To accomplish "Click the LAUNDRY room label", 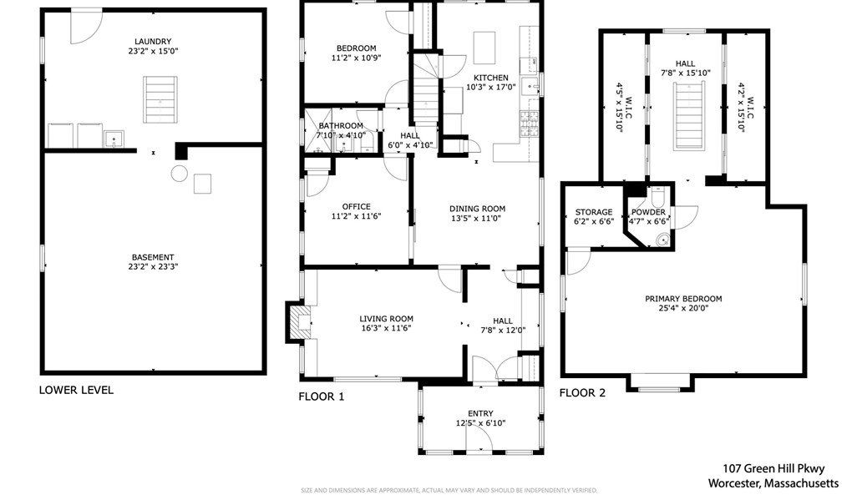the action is click(153, 42).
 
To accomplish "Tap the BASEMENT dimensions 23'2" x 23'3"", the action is click(153, 266).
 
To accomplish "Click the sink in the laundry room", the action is click(114, 139).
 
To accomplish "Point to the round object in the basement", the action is click(179, 174).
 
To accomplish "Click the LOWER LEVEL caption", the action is click(76, 390).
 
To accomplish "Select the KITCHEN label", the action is click(491, 78).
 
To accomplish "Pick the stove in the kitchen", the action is click(529, 123).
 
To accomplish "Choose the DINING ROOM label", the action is click(478, 209).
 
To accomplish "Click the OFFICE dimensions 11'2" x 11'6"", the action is click(357, 216).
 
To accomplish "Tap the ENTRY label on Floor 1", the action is click(480, 414).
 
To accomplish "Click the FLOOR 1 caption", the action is click(322, 396).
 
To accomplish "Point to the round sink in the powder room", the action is click(662, 240).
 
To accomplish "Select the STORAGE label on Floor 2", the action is click(594, 212).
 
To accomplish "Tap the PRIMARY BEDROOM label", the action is click(683, 299).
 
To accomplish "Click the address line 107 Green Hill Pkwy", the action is click(773, 468).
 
